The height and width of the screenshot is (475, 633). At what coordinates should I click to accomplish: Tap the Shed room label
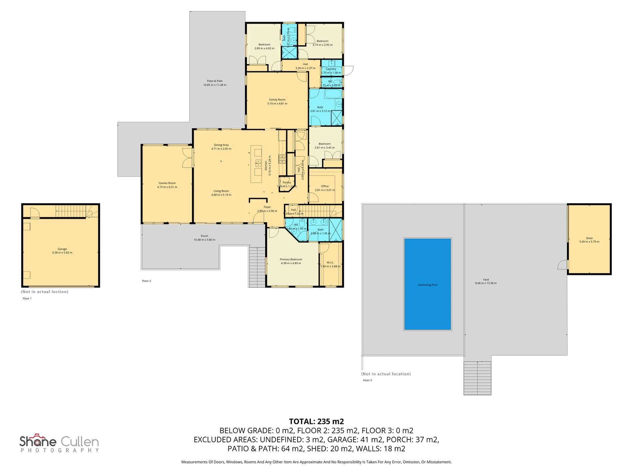(589, 238)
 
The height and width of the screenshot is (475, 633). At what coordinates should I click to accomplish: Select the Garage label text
(62, 249)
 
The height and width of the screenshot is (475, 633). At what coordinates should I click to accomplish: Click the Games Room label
(167, 183)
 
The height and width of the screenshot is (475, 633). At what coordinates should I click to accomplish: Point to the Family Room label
(277, 100)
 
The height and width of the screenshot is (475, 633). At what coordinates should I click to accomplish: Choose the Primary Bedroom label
(291, 259)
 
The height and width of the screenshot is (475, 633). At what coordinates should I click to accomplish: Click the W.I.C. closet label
(330, 263)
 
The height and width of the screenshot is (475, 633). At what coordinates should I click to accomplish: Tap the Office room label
(325, 186)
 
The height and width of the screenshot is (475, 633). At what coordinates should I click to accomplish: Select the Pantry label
(287, 182)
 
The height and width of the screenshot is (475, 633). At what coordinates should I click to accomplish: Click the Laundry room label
(331, 69)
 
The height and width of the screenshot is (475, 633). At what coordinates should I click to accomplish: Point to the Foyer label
(267, 207)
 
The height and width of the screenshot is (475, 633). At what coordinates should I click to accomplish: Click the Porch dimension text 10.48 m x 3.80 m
(205, 240)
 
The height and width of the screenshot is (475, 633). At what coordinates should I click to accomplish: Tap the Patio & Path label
(215, 81)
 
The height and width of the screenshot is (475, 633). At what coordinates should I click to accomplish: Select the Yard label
(486, 280)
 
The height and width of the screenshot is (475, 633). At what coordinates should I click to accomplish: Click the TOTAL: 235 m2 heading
(316, 421)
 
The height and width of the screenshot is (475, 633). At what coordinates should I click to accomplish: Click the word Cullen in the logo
(80, 442)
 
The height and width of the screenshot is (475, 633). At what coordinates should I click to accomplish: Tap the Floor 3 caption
(367, 380)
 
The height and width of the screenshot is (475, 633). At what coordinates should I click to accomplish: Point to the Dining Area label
(221, 145)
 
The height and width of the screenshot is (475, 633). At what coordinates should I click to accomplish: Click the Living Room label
(221, 191)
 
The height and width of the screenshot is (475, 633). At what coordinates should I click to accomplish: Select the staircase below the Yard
(477, 378)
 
